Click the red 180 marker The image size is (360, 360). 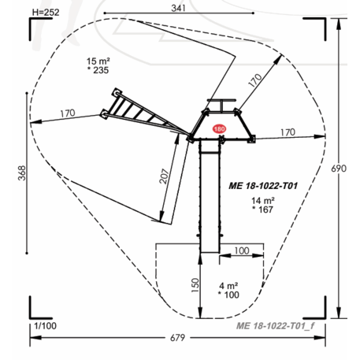219,129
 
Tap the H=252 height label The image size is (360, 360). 46,13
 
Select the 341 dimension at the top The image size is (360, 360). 179,8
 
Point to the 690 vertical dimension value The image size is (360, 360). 339,169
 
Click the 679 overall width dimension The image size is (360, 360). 178,337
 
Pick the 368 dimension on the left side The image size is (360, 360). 22,173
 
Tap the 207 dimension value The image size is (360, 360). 165,176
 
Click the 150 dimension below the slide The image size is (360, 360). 195,285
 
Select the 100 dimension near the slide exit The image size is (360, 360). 242,251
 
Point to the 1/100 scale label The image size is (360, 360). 46,326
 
